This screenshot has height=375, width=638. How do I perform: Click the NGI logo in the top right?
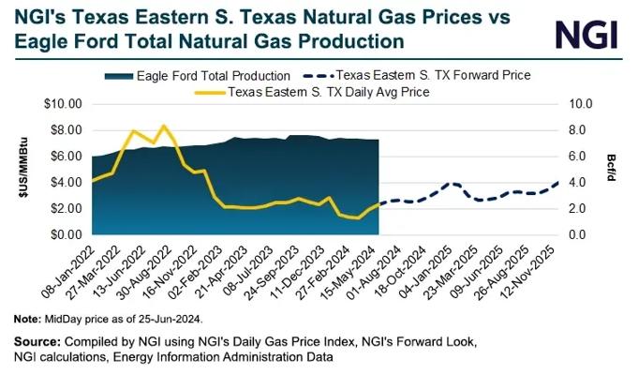[586, 35]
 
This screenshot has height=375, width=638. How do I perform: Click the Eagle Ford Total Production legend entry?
[198, 76]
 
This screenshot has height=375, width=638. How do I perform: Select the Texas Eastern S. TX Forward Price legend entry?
[417, 75]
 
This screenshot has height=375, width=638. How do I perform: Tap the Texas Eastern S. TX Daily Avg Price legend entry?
[312, 92]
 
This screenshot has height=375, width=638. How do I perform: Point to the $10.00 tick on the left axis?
[63, 104]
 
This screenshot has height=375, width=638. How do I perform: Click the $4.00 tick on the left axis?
[67, 183]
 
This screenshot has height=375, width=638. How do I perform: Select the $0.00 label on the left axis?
[67, 235]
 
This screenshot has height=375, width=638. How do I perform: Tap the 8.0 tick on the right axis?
[576, 130]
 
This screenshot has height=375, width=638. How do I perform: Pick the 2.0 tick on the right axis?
[576, 209]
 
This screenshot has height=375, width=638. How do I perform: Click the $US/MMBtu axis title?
[24, 168]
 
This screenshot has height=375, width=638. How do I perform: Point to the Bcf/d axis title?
[612, 168]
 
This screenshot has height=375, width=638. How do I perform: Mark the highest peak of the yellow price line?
[164, 126]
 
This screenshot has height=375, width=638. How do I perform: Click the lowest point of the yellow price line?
[358, 217]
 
